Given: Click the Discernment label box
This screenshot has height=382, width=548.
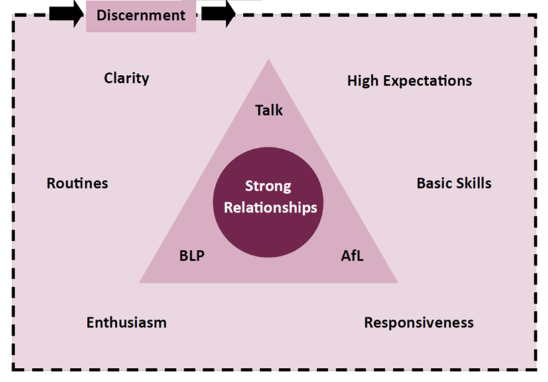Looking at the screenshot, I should (x=141, y=15).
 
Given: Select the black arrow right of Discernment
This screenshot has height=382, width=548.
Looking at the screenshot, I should (x=218, y=14).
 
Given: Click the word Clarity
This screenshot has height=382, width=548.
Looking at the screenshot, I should (x=126, y=78).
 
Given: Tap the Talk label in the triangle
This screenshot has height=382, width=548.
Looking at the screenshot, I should (x=269, y=110).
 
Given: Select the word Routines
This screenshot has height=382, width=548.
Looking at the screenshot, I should (x=77, y=183).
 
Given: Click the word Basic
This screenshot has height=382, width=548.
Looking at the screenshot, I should (x=434, y=183).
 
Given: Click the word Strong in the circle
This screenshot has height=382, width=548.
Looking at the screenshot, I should (x=268, y=186).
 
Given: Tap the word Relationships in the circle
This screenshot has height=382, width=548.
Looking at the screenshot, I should (x=271, y=208).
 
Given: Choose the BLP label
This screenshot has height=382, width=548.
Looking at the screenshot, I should (x=192, y=256).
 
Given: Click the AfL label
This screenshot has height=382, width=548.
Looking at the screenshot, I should (x=352, y=256).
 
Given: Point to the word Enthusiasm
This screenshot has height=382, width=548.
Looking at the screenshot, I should (x=126, y=323).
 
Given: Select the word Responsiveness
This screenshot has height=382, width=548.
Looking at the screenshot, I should (x=419, y=323).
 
